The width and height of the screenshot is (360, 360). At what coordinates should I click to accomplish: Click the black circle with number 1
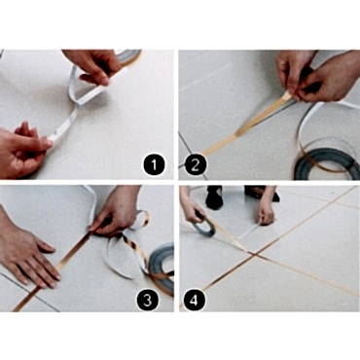[154, 164]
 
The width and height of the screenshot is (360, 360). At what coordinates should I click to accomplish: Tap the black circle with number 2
[196, 164]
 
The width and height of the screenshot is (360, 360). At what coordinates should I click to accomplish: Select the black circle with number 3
[148, 300]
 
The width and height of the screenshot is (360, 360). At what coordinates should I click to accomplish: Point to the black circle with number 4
[194, 300]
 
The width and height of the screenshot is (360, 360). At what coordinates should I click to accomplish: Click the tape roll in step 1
[129, 56]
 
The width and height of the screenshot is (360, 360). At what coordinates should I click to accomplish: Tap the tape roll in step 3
[162, 260]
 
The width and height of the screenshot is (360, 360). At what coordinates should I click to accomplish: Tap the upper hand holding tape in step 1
[95, 65]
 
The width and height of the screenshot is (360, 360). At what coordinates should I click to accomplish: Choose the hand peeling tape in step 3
[117, 211]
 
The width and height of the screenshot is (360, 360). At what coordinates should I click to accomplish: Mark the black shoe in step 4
[214, 198]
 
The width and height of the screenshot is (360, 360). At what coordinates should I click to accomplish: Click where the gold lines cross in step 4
[255, 255]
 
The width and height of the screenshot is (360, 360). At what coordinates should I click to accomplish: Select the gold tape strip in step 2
[246, 125]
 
